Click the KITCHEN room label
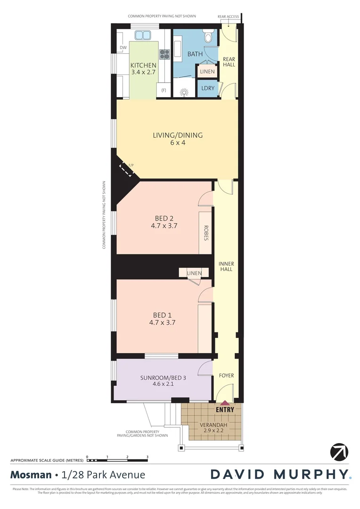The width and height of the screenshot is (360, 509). (x=143, y=65)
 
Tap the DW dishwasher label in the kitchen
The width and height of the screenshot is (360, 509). (x=123, y=48)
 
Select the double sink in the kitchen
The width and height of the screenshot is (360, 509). (x=143, y=35)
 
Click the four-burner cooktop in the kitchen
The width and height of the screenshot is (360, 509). (x=164, y=55)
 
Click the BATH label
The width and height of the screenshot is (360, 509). (x=195, y=54)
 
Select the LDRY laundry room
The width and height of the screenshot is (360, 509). (x=207, y=88)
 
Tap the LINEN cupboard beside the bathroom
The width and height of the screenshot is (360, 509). (x=207, y=72)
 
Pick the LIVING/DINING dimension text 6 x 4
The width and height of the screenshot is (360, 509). (x=178, y=143)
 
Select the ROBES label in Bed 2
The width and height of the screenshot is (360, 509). (x=206, y=233)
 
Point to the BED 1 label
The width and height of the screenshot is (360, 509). (x=163, y=315)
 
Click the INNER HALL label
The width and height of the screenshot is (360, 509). (x=226, y=267)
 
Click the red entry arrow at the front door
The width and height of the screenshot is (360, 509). (x=225, y=403)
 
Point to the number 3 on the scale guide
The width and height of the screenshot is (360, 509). (x=147, y=457)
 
